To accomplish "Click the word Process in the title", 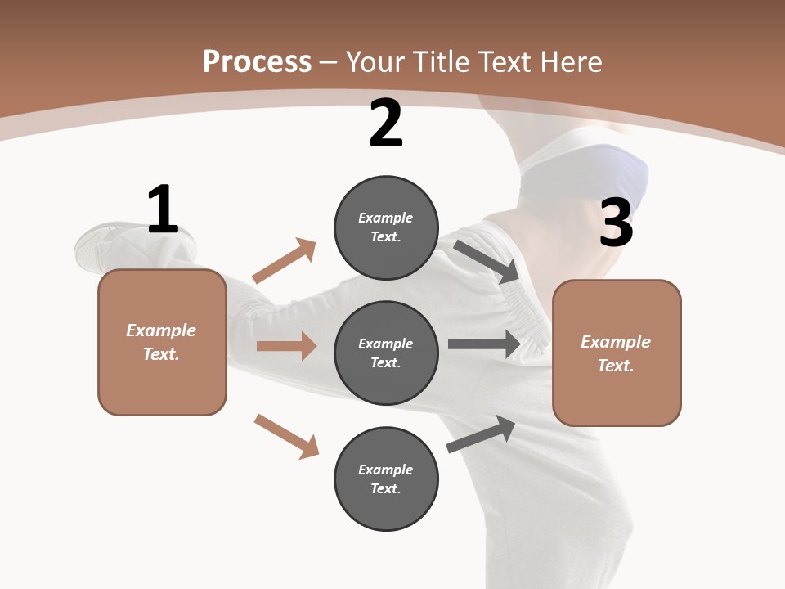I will pyautogui.click(x=257, y=61).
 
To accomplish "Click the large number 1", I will pyautogui.click(x=163, y=209).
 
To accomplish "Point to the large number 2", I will pyautogui.click(x=386, y=124).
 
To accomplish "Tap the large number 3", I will pyautogui.click(x=616, y=223).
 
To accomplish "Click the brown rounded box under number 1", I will pyautogui.click(x=162, y=342).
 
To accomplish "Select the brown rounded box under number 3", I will pyautogui.click(x=617, y=353).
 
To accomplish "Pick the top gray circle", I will pyautogui.click(x=386, y=227).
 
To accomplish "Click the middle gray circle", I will pyautogui.click(x=386, y=353).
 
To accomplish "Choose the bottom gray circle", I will pyautogui.click(x=386, y=479).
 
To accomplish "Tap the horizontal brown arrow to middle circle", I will pyautogui.click(x=286, y=346).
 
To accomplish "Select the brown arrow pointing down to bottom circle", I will pyautogui.click(x=286, y=436).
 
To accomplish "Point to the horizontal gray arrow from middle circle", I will pyautogui.click(x=484, y=344).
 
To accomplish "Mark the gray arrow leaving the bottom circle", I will pyautogui.click(x=481, y=434).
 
